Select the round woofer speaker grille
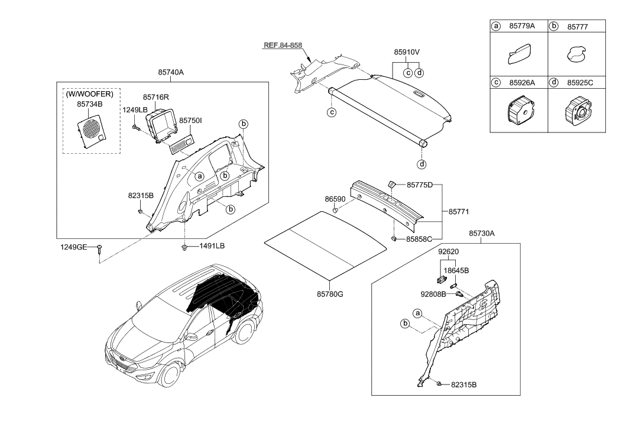click(92, 128)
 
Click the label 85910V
click(407, 51)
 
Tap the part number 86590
click(335, 201)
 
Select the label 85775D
click(420, 185)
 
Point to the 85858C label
click(420, 239)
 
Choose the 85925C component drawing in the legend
click(577, 112)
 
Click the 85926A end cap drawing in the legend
click(519, 112)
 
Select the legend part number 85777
click(578, 27)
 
